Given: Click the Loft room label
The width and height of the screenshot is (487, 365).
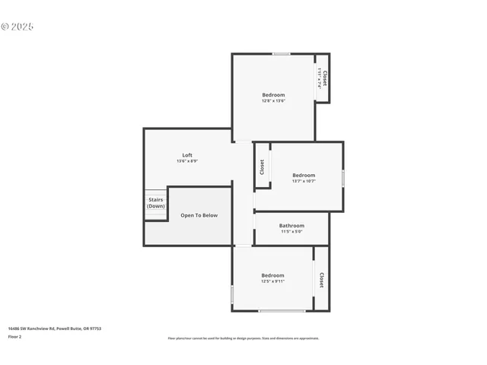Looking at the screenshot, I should (187, 155).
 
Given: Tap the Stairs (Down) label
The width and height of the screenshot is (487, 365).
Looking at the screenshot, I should (155, 203).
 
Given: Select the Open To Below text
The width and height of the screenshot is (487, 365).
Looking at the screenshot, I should (199, 215).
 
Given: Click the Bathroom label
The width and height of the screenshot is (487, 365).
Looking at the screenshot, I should (291, 226).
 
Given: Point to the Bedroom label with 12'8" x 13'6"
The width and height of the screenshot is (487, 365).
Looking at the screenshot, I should (273, 95).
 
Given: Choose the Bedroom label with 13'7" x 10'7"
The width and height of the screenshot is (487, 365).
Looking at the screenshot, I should (304, 175).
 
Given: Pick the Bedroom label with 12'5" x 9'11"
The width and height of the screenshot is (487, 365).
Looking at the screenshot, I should (272, 275).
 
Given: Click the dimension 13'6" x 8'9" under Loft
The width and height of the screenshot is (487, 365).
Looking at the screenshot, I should (187, 161).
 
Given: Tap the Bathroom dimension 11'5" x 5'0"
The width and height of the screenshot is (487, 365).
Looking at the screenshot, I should (291, 232).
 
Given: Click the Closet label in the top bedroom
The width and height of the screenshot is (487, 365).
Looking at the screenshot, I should (325, 78).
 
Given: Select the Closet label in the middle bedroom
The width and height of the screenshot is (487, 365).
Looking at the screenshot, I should (262, 167).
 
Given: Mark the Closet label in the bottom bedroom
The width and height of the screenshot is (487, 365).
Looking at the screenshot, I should (321, 280).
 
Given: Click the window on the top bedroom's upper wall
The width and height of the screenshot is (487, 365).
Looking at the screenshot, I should (282, 53).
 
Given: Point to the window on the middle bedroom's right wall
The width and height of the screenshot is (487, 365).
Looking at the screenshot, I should (343, 178).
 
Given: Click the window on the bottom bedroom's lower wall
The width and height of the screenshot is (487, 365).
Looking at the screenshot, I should (282, 310).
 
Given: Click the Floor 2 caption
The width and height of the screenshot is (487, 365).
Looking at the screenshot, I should (14, 336).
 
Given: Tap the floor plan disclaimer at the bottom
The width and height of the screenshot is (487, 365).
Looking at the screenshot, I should (243, 338).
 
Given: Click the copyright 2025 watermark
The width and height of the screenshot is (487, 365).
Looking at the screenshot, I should (18, 27).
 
